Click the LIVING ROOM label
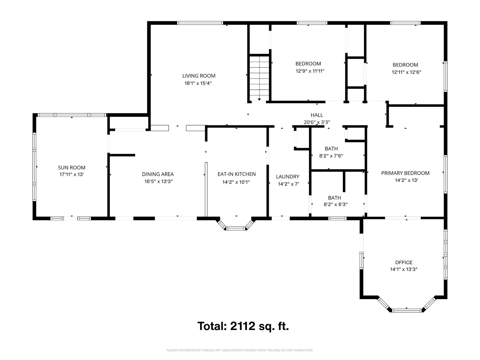tap(199, 76)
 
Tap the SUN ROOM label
tap(71, 168)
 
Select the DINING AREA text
tap(158, 174)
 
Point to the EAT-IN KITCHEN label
tap(236, 174)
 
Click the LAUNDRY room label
tap(287, 177)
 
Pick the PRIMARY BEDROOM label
tap(405, 173)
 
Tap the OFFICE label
tap(404, 262)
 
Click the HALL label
tap(316, 115)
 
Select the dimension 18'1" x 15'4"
tap(198, 83)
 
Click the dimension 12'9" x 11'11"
tap(310, 71)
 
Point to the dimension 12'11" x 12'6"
tap(406, 72)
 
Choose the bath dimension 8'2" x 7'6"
tap(331, 156)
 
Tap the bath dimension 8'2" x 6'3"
tap(335, 204)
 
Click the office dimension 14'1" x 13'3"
tap(404, 269)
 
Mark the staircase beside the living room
tap(259, 78)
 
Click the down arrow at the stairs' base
tap(259, 100)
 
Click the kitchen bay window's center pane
tap(236, 229)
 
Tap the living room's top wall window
tap(200, 23)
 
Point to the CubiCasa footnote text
tap(240, 350)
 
